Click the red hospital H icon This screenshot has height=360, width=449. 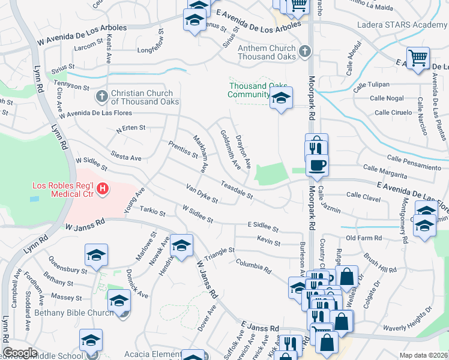[x=103, y=190]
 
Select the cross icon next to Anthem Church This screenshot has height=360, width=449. [x=305, y=52]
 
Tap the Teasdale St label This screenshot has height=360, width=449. [x=237, y=190]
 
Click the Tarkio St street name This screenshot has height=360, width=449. [x=152, y=211]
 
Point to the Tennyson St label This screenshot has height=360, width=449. [x=71, y=86]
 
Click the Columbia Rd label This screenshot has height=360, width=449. [x=253, y=265]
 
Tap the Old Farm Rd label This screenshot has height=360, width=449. [x=364, y=238]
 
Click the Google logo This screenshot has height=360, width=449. [x=20, y=352]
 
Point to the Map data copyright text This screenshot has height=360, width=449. [x=423, y=355]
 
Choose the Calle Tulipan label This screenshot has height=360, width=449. [x=367, y=85]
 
